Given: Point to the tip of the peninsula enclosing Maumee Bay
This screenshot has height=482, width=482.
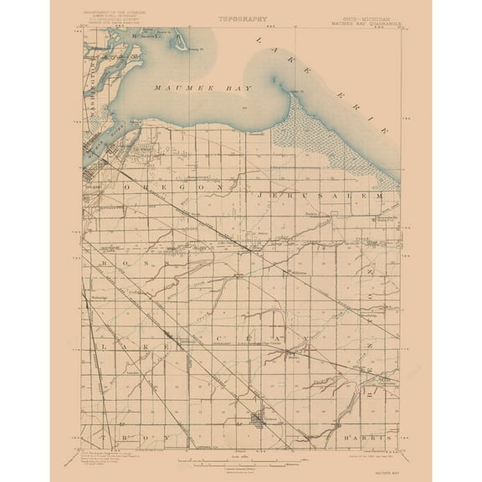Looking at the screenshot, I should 295,90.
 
